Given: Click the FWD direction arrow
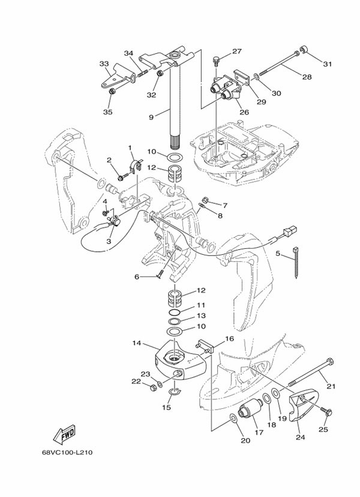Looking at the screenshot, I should (64, 433).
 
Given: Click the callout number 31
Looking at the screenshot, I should (327, 64).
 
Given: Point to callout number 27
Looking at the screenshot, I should (236, 52).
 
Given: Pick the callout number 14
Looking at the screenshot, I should (137, 344).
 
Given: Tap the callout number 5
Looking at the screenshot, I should (278, 254).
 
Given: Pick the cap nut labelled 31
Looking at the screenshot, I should (304, 50).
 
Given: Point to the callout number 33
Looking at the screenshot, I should (104, 64).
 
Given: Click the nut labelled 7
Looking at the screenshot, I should (203, 201).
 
